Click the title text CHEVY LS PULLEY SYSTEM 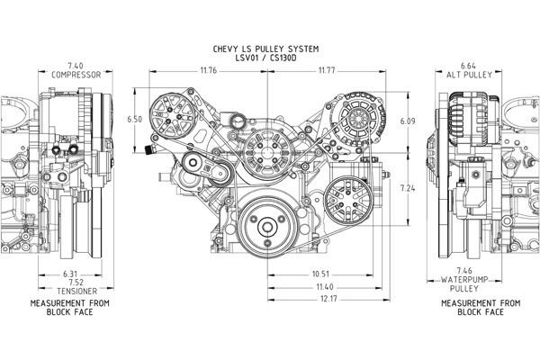pyautogui.click(x=267, y=48)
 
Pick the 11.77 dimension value pyautogui.click(x=326, y=70)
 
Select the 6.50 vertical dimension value pyautogui.click(x=135, y=119)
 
